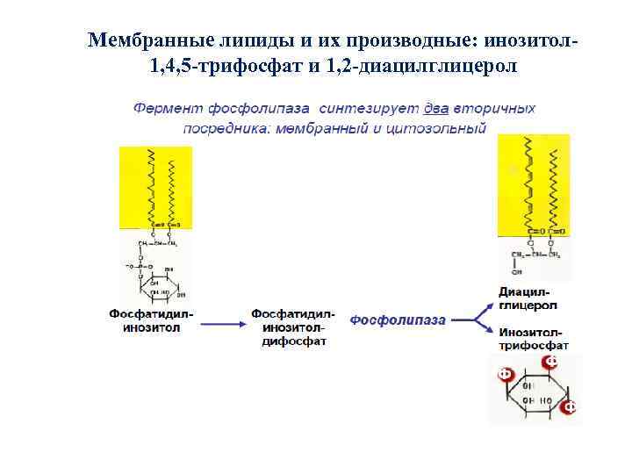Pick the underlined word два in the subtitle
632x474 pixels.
pos(436,109)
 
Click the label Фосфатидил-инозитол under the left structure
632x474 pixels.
pos(152,320)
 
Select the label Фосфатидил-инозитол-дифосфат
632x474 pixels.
pos(293,327)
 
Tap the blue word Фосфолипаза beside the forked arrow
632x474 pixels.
pos(398,320)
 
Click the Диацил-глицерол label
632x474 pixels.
pos(527,298)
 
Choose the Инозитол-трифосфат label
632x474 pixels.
pos(534,338)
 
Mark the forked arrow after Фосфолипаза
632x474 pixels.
pos(475,320)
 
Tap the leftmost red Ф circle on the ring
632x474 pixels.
pos(505,373)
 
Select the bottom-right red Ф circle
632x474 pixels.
pos(569,407)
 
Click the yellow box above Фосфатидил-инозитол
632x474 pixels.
pos(155,187)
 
